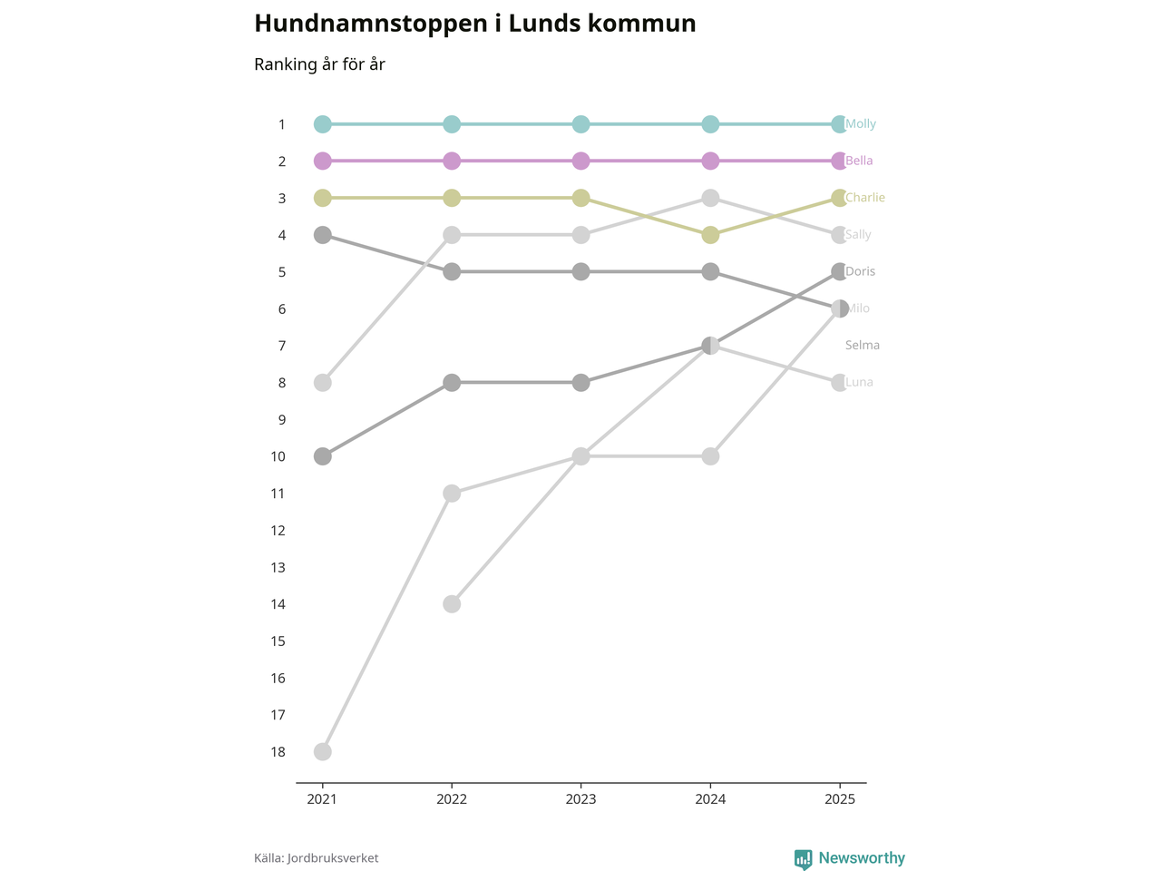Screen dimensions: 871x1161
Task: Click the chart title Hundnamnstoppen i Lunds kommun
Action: click(474, 24)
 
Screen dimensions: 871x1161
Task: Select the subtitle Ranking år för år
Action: click(319, 64)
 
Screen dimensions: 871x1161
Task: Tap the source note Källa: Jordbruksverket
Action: click(316, 858)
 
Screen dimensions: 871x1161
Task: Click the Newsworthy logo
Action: click(849, 858)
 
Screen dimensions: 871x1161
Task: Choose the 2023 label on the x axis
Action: click(580, 799)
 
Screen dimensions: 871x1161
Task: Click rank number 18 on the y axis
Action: click(278, 752)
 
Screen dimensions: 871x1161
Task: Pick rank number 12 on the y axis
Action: click(278, 531)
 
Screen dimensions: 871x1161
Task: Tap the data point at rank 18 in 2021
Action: click(322, 752)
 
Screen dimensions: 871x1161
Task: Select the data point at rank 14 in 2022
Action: click(452, 604)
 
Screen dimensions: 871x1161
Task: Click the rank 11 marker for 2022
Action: click(452, 494)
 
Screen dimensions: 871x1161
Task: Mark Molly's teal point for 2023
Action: click(581, 124)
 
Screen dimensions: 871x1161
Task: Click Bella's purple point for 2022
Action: click(452, 161)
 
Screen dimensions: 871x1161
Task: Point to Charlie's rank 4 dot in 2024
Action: click(710, 235)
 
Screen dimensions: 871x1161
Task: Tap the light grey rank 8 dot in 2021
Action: click(322, 383)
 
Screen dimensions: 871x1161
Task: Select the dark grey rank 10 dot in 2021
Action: click(322, 456)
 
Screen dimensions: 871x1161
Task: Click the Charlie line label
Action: click(864, 198)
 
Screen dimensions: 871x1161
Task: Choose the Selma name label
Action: click(862, 346)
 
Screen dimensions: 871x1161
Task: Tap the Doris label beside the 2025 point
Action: click(860, 271)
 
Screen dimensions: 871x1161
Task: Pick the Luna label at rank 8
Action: click(859, 383)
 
